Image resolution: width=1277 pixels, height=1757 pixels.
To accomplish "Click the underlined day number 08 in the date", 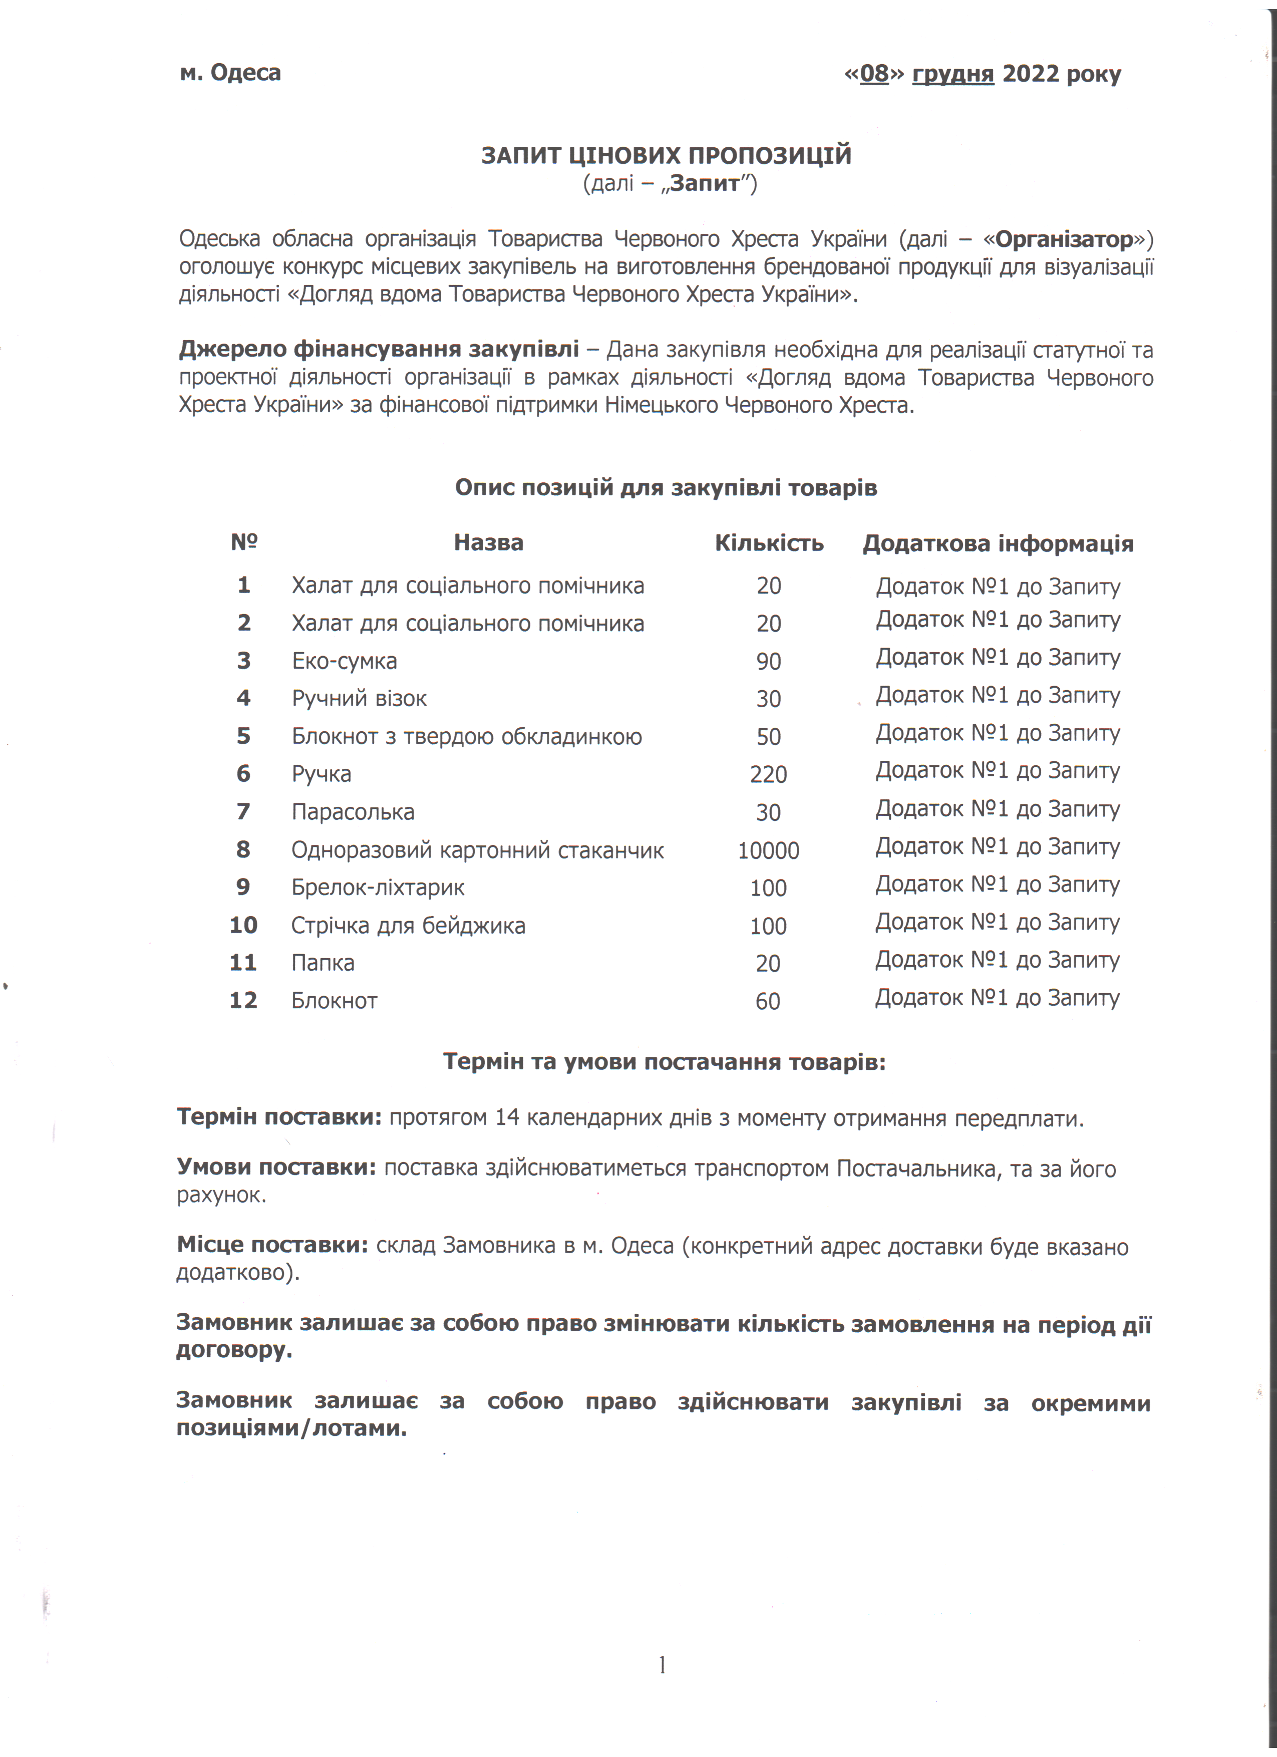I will pos(874,74).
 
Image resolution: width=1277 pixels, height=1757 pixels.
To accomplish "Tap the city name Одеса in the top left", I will pos(245,73).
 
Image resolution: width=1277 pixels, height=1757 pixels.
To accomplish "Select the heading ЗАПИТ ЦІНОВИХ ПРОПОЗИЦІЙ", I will pos(666,156).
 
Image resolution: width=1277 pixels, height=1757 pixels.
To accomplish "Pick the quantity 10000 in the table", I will pos(768,850).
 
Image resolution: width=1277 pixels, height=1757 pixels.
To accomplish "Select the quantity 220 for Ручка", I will pos(768,775).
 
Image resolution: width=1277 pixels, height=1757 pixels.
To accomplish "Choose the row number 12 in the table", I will pos(243,1000).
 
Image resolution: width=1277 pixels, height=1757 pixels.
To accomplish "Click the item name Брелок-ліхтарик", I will pos(378,888).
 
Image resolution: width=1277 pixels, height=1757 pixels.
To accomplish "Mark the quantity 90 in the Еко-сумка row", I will pos(768,662).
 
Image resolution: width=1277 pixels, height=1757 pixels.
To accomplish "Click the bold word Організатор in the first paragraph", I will pos(1064,239).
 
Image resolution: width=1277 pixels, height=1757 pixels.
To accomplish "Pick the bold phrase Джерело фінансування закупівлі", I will pos(379,350).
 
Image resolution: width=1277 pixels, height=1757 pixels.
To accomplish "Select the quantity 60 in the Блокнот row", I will pos(767,1002).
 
